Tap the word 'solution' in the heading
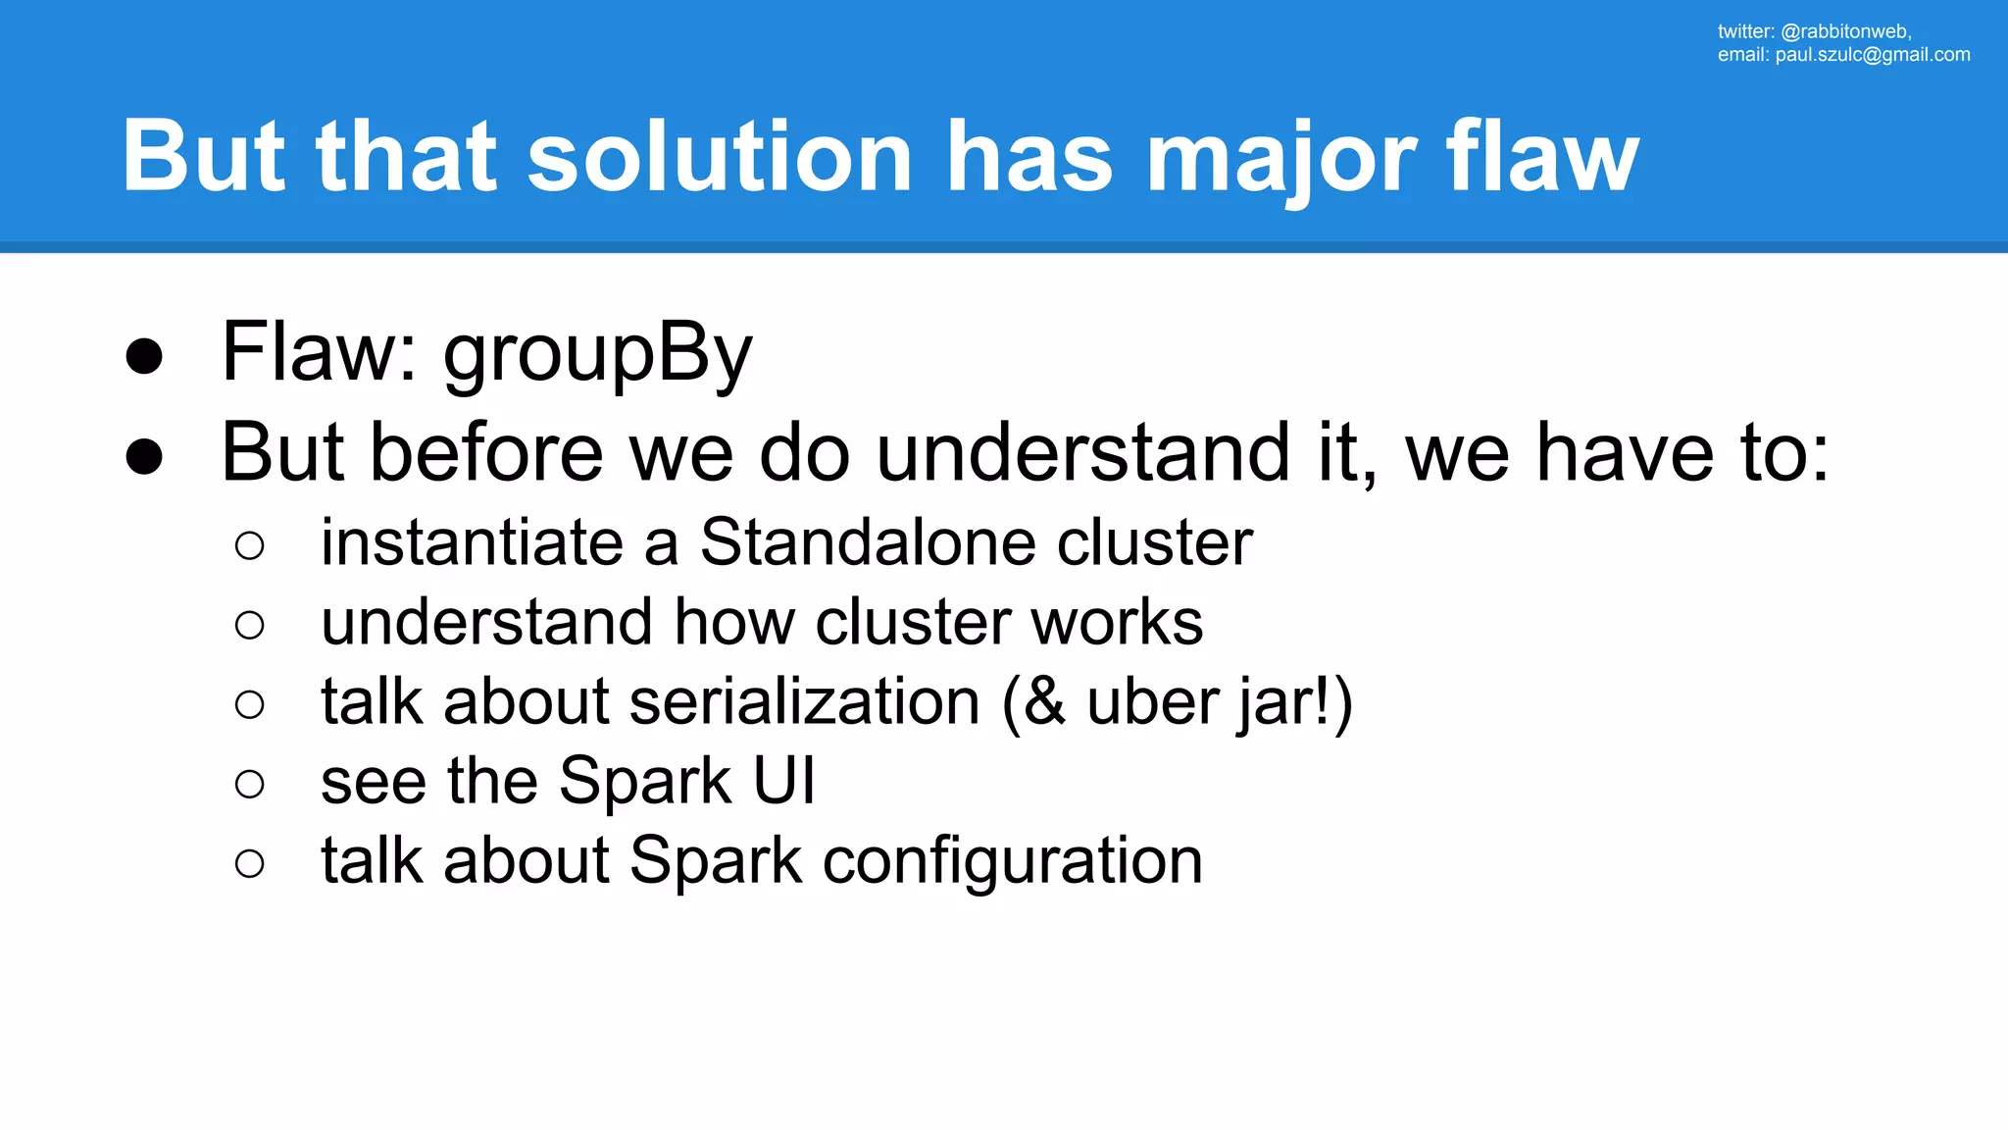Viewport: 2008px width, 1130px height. [721, 157]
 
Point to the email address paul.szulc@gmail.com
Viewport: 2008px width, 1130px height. [1872, 55]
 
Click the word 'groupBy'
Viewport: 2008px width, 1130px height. [597, 355]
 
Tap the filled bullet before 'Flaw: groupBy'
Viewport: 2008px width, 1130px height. [144, 356]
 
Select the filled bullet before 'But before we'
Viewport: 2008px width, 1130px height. [144, 456]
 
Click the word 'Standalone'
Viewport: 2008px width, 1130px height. [867, 541]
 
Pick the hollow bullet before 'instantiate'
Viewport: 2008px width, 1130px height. [250, 545]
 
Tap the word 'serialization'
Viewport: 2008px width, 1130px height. [804, 701]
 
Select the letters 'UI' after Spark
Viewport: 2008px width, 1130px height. [783, 781]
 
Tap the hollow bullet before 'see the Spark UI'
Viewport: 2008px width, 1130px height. [250, 784]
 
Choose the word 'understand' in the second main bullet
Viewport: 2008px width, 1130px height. [1082, 453]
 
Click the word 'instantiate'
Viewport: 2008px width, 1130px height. [472, 541]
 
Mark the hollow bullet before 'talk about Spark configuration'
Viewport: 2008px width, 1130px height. [250, 863]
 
